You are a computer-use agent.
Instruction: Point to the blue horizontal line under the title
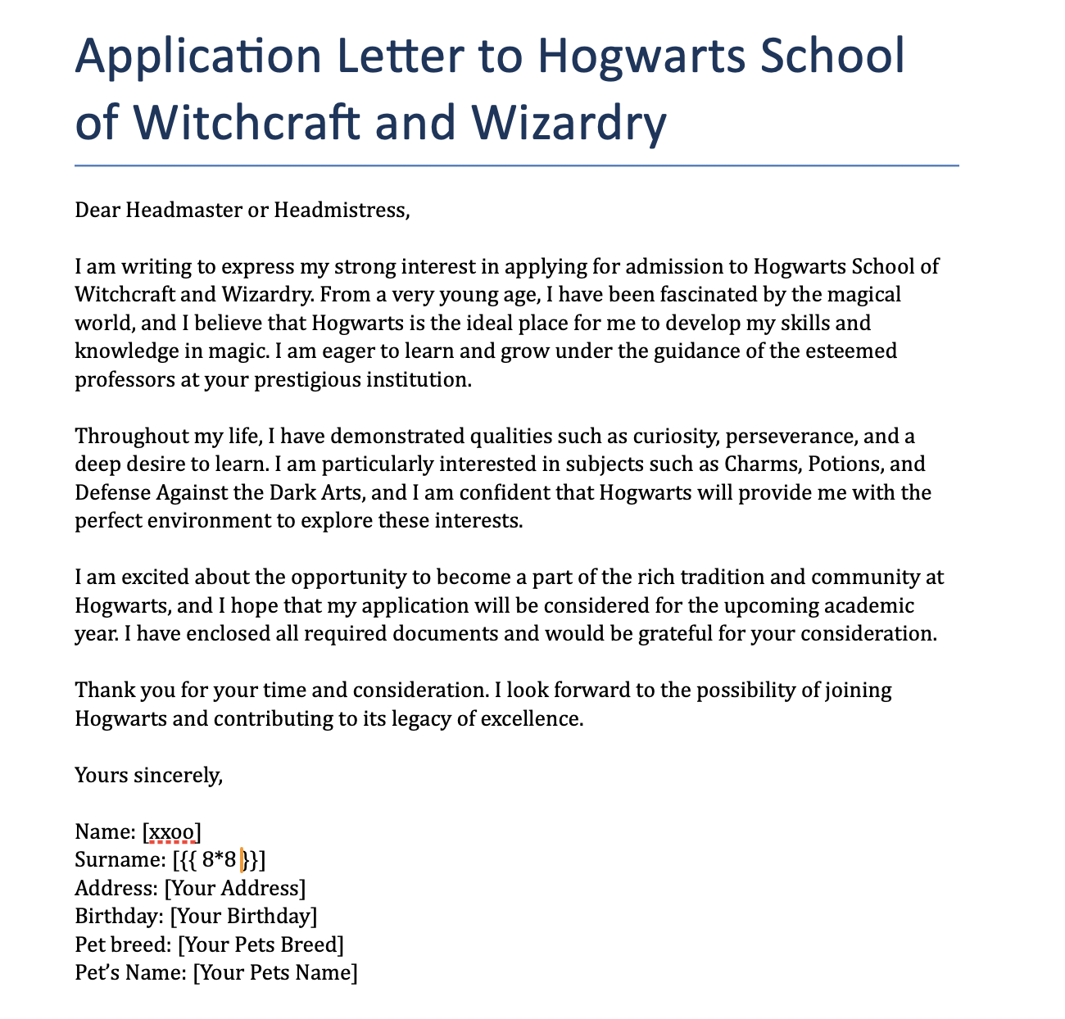[516, 165]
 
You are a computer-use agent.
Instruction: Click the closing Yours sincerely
[148, 775]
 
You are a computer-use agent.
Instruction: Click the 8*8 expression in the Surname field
[219, 861]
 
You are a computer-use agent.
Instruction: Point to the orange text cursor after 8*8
[242, 861]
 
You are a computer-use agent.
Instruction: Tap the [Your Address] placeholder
[235, 889]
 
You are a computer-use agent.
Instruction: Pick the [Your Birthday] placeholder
[243, 917]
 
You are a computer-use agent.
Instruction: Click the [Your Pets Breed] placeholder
[261, 945]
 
